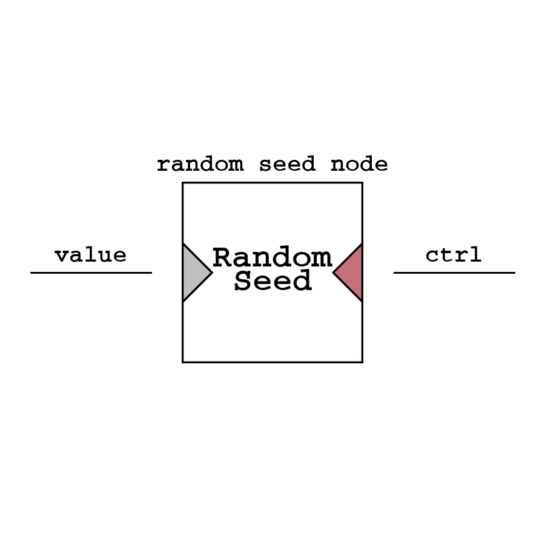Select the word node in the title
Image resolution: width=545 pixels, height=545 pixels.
pyautogui.click(x=359, y=165)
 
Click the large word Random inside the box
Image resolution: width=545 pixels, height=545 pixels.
pyautogui.click(x=272, y=259)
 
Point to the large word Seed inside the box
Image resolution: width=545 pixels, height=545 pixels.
pyautogui.click(x=272, y=282)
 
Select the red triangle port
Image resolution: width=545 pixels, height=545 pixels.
pyautogui.click(x=351, y=272)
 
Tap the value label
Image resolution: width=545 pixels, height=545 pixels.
pyautogui.click(x=91, y=256)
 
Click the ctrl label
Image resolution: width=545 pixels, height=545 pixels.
pyautogui.click(x=454, y=256)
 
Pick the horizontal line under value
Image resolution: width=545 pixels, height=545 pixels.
pyautogui.click(x=91, y=272)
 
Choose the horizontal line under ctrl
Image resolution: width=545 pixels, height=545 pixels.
pyautogui.click(x=454, y=272)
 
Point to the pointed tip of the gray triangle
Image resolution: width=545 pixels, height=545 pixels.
pyautogui.click(x=211, y=272)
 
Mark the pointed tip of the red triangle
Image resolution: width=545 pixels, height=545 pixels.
pyautogui.click(x=334, y=272)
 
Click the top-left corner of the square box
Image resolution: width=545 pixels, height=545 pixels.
pyautogui.click(x=183, y=183)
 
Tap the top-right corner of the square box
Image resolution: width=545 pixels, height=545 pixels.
pyautogui.click(x=362, y=183)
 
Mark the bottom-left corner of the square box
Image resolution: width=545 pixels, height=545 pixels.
pyautogui.click(x=183, y=362)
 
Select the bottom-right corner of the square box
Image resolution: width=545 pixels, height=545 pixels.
pyautogui.click(x=362, y=362)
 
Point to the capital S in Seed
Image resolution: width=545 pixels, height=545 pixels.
pyautogui.click(x=243, y=282)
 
